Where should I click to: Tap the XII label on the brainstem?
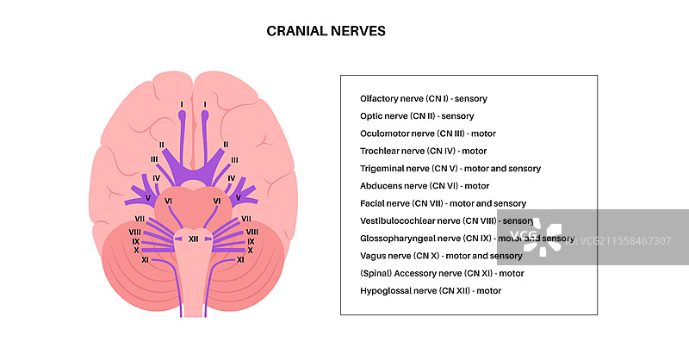pyautogui.click(x=194, y=239)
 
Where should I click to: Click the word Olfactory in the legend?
pyautogui.click(x=380, y=98)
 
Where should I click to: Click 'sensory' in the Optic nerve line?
pyautogui.click(x=457, y=116)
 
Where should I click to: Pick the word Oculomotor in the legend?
pyautogui.click(x=385, y=133)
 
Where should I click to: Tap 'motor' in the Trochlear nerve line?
pyautogui.click(x=475, y=151)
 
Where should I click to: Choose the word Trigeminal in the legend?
pyautogui.click(x=383, y=169)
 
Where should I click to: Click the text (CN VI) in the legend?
pyautogui.click(x=438, y=186)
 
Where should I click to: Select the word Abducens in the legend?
pyautogui.click(x=381, y=186)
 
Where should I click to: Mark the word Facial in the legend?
pyautogui.click(x=373, y=203)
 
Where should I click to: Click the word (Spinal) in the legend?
pyautogui.click(x=376, y=273)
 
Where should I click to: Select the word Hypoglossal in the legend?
pyautogui.click(x=385, y=291)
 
